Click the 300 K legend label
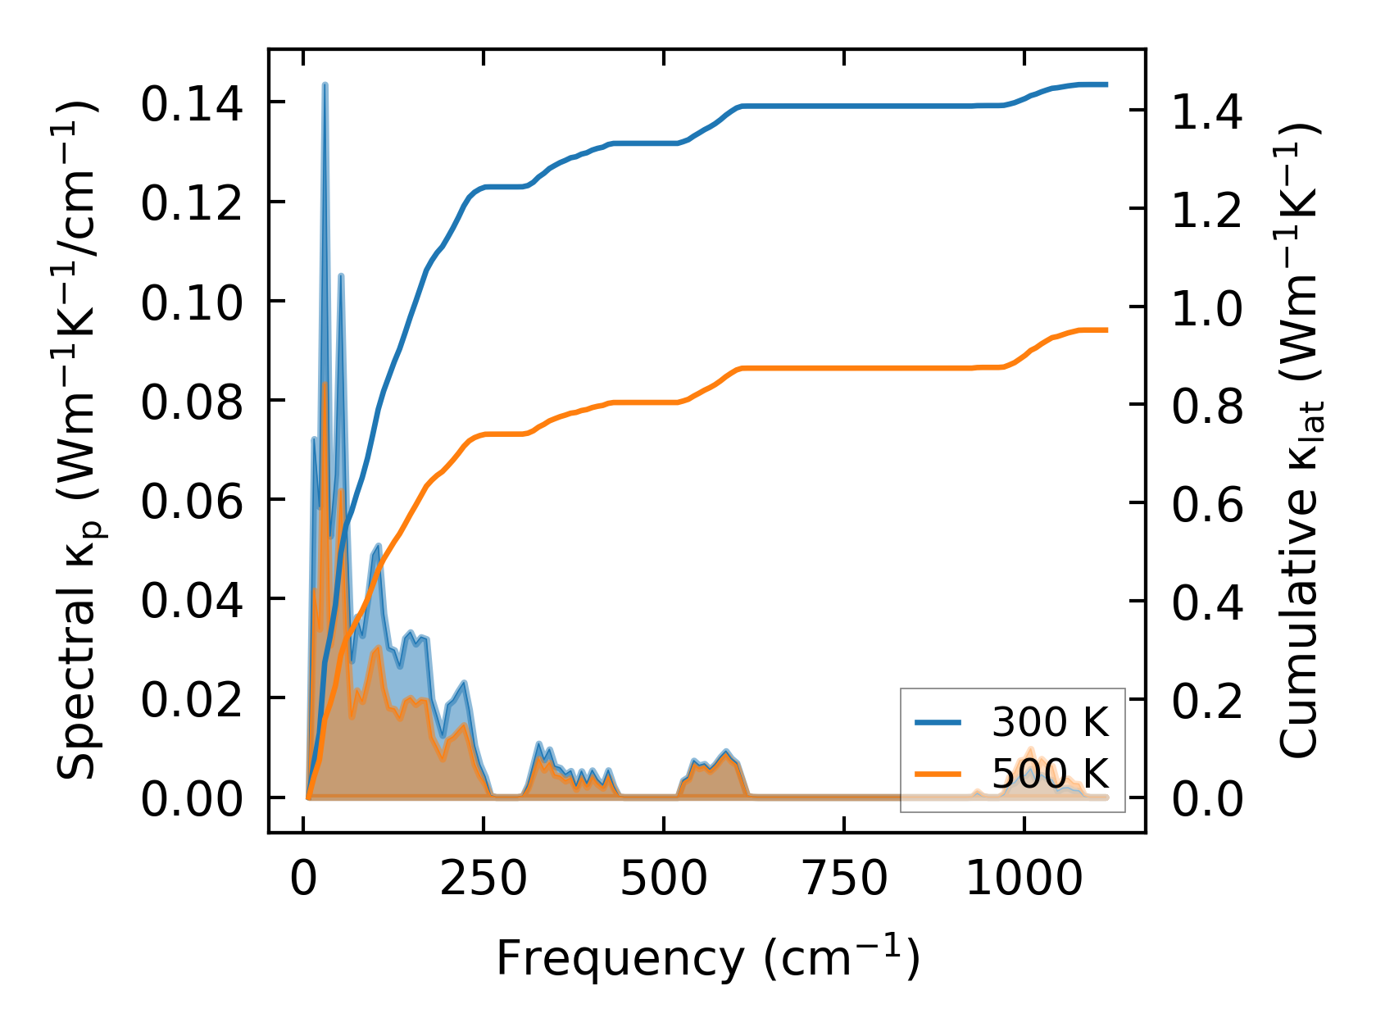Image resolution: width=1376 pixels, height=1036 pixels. coord(1050,722)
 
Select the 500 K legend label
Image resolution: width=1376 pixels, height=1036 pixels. coord(1050,773)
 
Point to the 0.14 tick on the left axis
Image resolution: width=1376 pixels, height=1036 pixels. coord(192,104)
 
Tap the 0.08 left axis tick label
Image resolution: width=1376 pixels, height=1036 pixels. coord(192,402)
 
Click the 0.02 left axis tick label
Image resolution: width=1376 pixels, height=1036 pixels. coord(192,700)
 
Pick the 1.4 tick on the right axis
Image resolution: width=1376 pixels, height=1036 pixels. coord(1206,111)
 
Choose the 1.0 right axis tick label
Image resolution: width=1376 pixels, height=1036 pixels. coord(1206,308)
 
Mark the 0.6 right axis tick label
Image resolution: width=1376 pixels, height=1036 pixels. coord(1206,504)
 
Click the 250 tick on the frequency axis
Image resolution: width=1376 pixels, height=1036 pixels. coord(483,879)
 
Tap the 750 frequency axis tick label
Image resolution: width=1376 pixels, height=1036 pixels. coord(843,879)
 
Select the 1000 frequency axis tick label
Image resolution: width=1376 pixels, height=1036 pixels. coord(1024,879)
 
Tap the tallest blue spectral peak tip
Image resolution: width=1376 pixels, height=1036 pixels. coord(325,85)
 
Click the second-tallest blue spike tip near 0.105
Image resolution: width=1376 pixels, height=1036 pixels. coord(341,276)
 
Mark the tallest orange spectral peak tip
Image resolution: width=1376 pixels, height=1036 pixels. coord(325,384)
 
